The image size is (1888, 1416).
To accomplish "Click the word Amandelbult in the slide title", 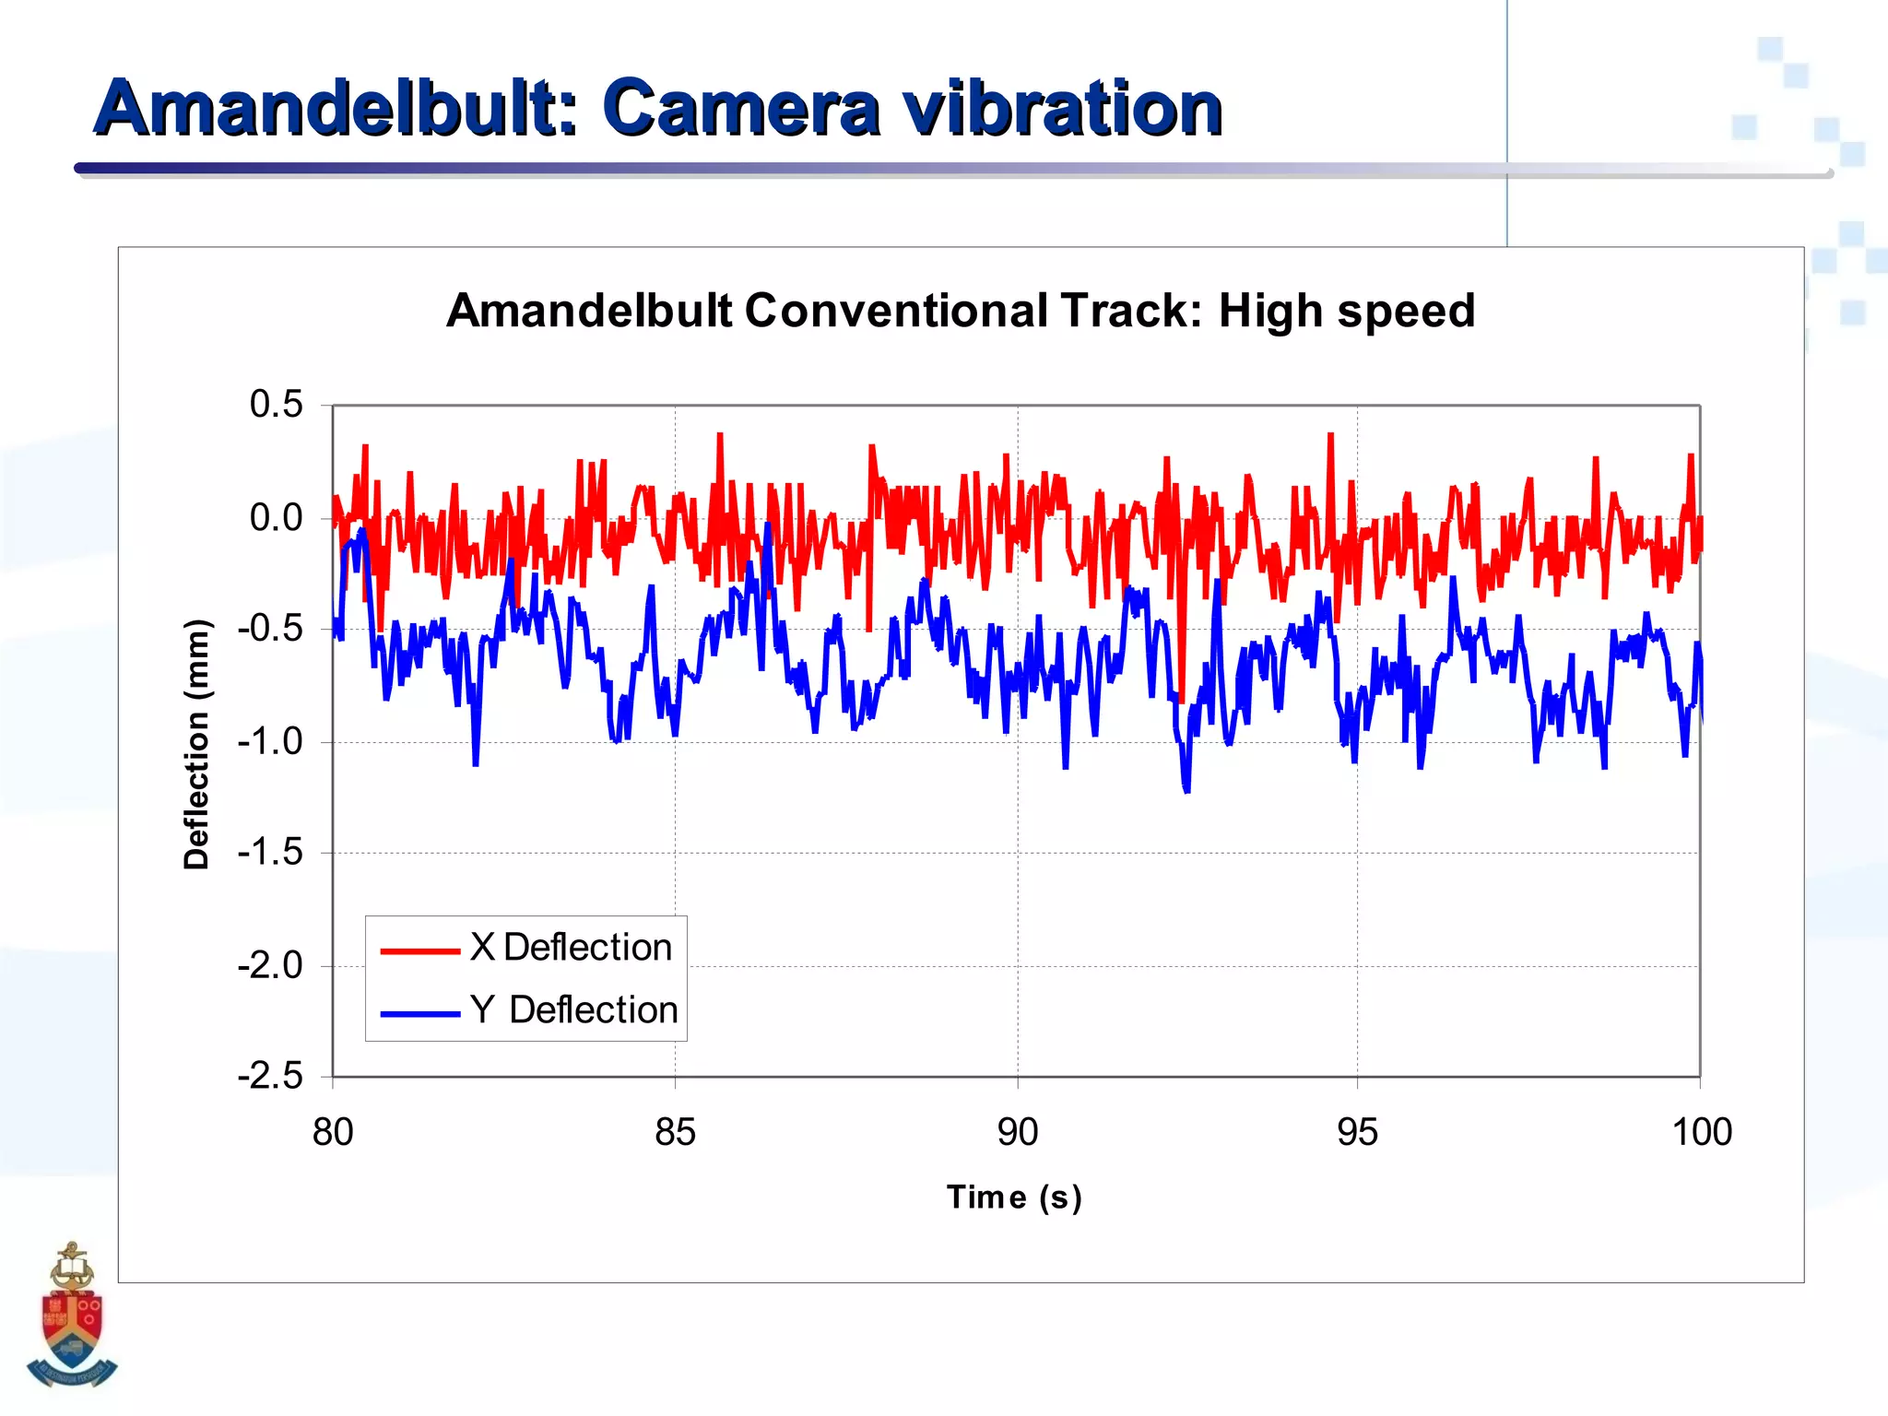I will pyautogui.click(x=336, y=109).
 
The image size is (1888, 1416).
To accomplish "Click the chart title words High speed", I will pyautogui.click(x=1347, y=311).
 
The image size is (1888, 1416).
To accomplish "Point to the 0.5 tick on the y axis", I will pyautogui.click(x=276, y=405).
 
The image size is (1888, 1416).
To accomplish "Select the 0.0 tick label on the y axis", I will pyautogui.click(x=276, y=518).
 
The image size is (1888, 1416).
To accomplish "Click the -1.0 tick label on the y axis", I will pyautogui.click(x=270, y=741).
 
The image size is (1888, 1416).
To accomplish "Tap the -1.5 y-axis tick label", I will pyautogui.click(x=270, y=853).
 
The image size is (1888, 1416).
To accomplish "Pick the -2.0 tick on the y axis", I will pyautogui.click(x=270, y=966).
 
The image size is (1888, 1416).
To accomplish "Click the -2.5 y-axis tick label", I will pyautogui.click(x=270, y=1076).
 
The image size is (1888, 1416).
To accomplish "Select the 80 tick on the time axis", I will pyautogui.click(x=333, y=1132).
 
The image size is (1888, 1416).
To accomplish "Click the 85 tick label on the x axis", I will pyautogui.click(x=675, y=1132).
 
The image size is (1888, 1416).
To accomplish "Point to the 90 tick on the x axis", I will pyautogui.click(x=1018, y=1132).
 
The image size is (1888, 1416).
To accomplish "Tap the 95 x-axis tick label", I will pyautogui.click(x=1357, y=1132).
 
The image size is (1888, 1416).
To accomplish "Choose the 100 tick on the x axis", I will pyautogui.click(x=1701, y=1132).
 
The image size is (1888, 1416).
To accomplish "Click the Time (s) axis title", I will pyautogui.click(x=1014, y=1197).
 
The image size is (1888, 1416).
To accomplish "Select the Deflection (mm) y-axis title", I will pyautogui.click(x=196, y=743).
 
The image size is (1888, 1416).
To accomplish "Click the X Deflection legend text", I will pyautogui.click(x=571, y=948).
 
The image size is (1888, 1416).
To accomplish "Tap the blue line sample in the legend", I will pyautogui.click(x=419, y=1013).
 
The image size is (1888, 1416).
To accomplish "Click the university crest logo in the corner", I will pyautogui.click(x=71, y=1316).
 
